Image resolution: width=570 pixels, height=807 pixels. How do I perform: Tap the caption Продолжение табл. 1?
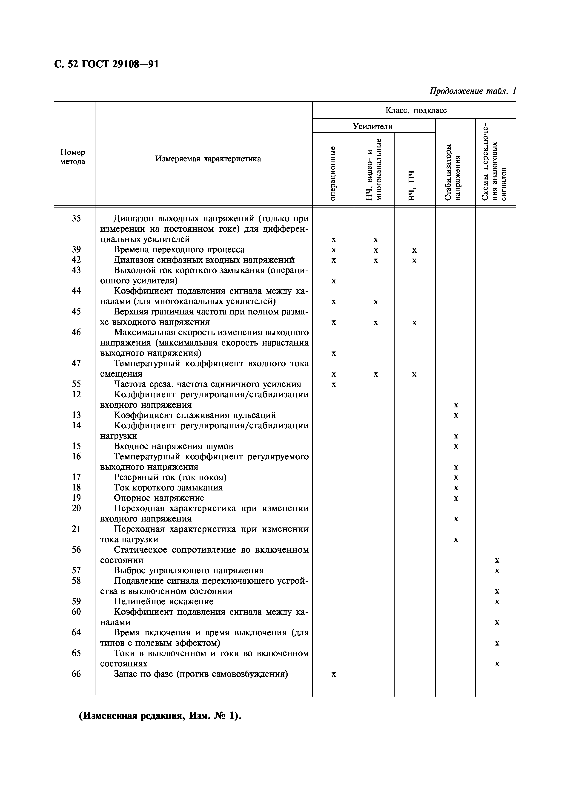(x=473, y=91)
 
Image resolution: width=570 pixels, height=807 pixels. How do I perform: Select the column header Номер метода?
(x=73, y=157)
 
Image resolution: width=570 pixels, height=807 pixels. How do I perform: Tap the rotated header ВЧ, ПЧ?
(x=412, y=185)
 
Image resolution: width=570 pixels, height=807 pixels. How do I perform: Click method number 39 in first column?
(x=76, y=250)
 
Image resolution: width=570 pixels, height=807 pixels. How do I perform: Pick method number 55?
(x=76, y=384)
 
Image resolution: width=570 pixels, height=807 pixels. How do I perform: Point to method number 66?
(x=76, y=674)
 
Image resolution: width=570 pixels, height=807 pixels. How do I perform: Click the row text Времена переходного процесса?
(x=179, y=250)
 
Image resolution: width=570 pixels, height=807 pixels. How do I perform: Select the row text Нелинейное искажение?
(x=164, y=601)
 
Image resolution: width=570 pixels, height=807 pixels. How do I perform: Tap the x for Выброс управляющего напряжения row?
(x=497, y=571)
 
